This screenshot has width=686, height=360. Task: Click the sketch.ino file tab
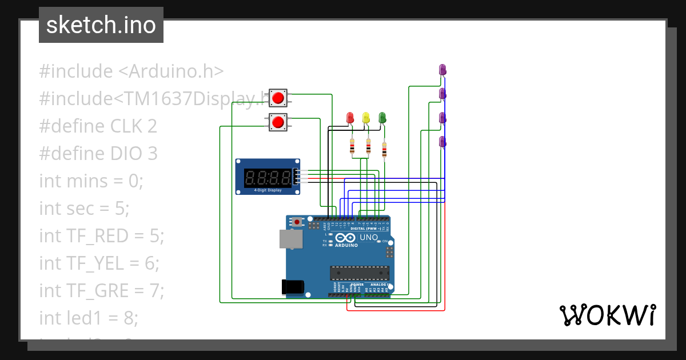click(101, 25)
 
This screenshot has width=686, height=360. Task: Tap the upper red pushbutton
click(278, 97)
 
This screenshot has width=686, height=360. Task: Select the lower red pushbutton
click(278, 122)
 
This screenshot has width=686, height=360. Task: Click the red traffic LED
click(350, 118)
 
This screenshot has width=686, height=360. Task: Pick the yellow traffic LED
click(366, 118)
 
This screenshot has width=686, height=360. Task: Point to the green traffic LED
click(382, 118)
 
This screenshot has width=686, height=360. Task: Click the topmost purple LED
click(442, 70)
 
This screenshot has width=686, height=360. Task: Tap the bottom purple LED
click(442, 142)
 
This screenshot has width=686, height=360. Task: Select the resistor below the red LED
click(352, 148)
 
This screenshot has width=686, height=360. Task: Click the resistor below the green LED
click(384, 151)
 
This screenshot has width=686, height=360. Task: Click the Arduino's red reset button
click(296, 221)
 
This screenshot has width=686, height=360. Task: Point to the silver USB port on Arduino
click(290, 239)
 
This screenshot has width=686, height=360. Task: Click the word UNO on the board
click(369, 237)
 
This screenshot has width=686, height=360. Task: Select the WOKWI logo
click(607, 315)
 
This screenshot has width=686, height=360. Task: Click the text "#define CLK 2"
click(98, 126)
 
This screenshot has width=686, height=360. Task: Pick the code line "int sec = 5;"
click(84, 209)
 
